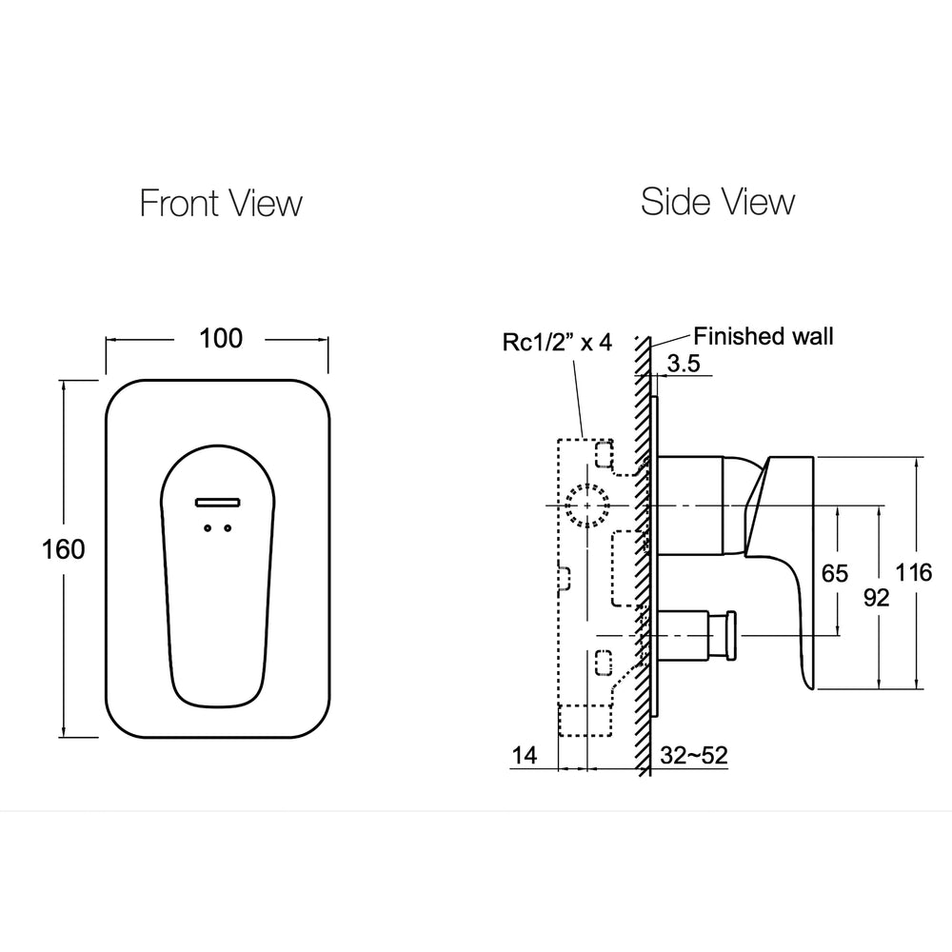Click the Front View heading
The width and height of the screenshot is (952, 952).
pos(221,203)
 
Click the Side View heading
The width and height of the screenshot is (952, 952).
pos(717,202)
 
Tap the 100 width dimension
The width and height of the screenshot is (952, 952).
pos(221,338)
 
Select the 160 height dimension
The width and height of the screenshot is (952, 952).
pos(63,549)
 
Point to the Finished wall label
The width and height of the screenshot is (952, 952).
pos(763,336)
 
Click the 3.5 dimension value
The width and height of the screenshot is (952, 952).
pos(684,363)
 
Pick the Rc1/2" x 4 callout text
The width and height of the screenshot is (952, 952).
pos(557,343)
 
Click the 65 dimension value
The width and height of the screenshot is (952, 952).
pos(834,573)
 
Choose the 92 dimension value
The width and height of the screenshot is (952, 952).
pos(876,597)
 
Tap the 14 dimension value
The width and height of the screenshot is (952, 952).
pos(525,756)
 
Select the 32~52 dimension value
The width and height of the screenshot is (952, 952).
pos(694,756)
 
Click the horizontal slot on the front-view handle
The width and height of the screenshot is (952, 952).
pos(218,501)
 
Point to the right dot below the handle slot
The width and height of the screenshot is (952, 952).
pos(228,527)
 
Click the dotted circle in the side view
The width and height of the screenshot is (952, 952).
pos(585,505)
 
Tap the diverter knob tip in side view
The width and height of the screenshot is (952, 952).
pos(731,634)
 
